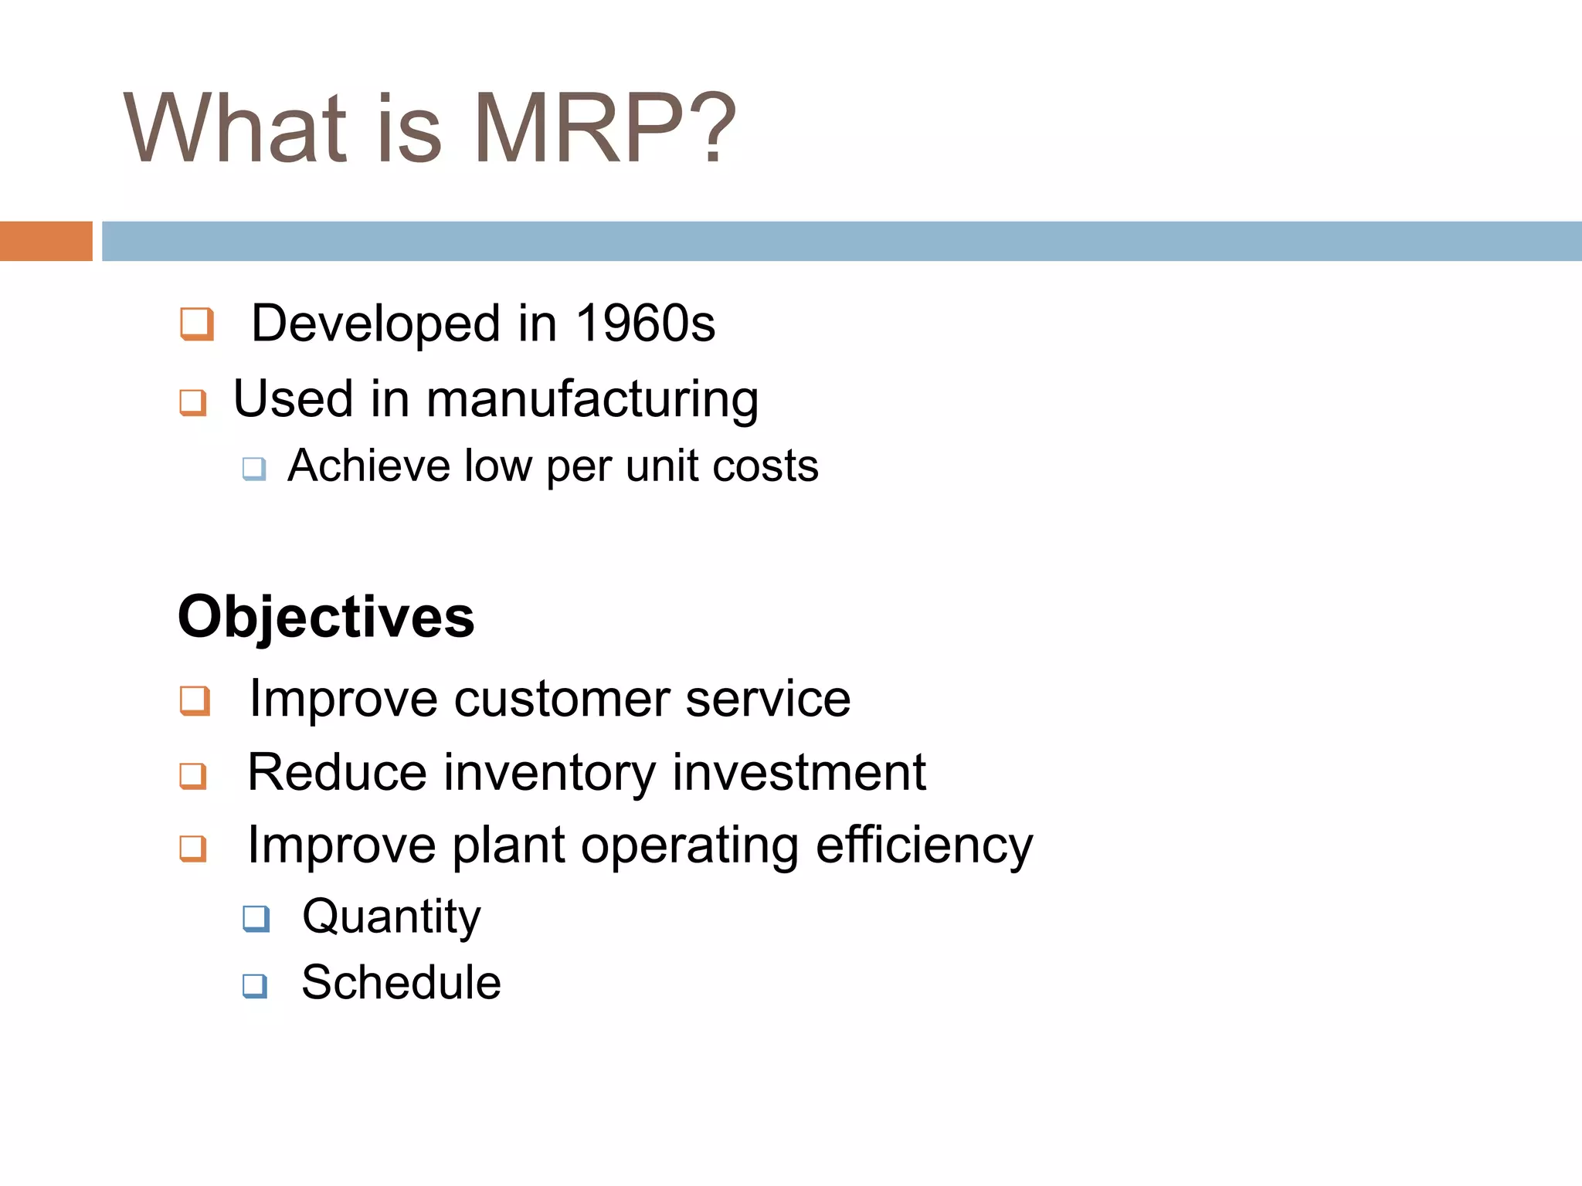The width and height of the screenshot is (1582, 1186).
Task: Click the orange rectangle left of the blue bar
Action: (x=46, y=241)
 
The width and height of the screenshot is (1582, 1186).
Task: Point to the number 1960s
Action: (x=646, y=323)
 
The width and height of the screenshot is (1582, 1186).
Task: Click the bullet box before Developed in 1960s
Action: (x=196, y=324)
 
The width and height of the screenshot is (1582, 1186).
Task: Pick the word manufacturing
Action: (x=592, y=399)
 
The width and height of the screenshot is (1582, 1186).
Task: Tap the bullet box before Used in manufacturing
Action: (x=192, y=402)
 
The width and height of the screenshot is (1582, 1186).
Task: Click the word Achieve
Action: (x=368, y=466)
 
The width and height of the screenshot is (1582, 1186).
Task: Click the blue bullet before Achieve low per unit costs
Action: (x=254, y=468)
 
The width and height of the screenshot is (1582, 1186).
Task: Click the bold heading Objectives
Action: (x=326, y=617)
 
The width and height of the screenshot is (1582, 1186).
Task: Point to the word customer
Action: (x=562, y=699)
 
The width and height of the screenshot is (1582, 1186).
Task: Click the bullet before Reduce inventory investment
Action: (x=192, y=775)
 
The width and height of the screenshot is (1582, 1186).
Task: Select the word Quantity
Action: (x=391, y=917)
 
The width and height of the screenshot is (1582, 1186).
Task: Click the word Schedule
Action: (x=401, y=983)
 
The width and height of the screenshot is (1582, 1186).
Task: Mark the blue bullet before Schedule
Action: (x=254, y=985)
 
